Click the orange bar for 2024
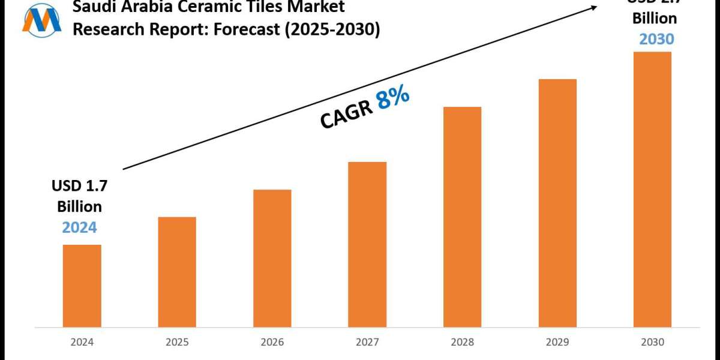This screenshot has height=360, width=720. (82, 287)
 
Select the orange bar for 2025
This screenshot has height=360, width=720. (177, 273)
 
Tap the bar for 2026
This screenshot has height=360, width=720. (272, 259)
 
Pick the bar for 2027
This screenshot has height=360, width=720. (367, 245)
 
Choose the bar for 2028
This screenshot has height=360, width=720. (462, 218)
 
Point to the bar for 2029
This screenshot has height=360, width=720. (557, 204)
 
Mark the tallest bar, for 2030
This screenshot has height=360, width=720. (652, 190)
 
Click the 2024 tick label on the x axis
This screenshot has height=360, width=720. (82, 343)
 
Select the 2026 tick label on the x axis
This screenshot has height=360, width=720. (272, 343)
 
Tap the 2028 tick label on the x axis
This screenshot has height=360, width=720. (462, 343)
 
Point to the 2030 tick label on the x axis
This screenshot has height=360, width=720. (652, 343)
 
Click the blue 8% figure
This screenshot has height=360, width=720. (393, 97)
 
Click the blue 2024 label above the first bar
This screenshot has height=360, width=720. (80, 227)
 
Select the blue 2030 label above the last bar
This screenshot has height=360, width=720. (656, 39)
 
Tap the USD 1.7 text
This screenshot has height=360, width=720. (79, 187)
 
